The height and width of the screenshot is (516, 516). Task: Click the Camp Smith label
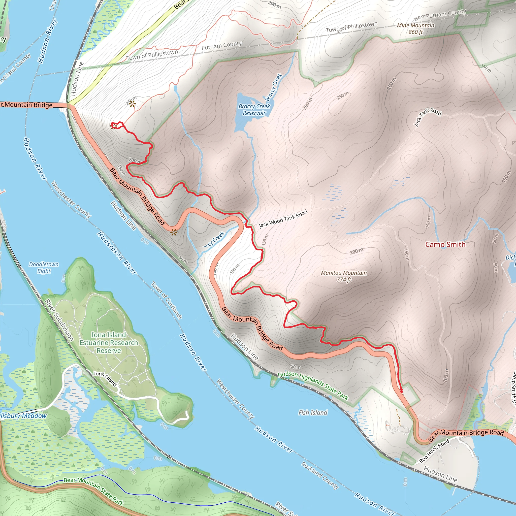(445, 244)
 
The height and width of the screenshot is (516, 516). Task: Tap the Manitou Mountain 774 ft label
(344, 276)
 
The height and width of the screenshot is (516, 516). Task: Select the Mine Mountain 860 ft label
(415, 28)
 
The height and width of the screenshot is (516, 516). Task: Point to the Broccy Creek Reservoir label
(254, 110)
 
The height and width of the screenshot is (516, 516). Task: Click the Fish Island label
(313, 413)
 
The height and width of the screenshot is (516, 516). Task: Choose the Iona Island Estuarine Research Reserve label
(109, 343)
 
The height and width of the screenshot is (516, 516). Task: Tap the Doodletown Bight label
(44, 268)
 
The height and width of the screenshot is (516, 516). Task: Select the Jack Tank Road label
(427, 117)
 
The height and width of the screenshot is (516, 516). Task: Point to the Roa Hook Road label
(434, 451)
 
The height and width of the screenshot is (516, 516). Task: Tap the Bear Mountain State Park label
(93, 488)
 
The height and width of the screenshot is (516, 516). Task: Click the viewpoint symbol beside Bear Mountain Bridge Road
(174, 232)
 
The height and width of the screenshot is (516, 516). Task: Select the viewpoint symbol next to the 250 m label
(132, 104)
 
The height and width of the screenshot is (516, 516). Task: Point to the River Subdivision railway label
(59, 320)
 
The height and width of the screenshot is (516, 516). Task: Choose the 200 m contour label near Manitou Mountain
(357, 251)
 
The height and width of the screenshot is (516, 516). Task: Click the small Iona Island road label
(105, 378)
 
